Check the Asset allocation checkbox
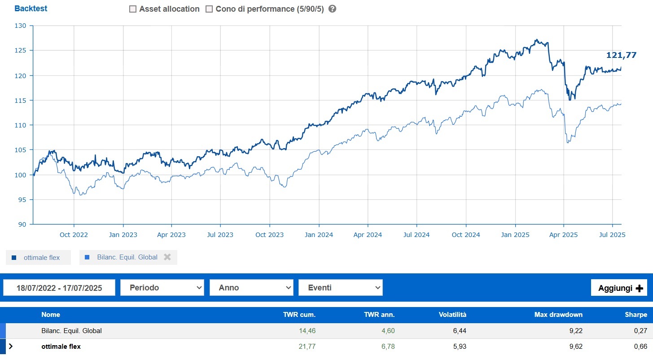(x=133, y=9)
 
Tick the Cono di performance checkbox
(x=209, y=9)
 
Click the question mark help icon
(x=332, y=9)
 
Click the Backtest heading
(x=31, y=9)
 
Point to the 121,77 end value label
(x=621, y=55)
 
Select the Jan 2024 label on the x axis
(x=319, y=235)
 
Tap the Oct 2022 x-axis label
(x=74, y=235)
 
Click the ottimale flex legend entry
(x=39, y=258)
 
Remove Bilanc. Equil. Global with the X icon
(x=167, y=257)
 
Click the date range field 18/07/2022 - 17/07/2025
(x=59, y=288)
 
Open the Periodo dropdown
(x=162, y=288)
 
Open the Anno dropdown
(x=251, y=288)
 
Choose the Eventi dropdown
(x=340, y=288)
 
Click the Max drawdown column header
(x=558, y=315)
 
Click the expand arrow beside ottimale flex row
(x=11, y=347)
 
